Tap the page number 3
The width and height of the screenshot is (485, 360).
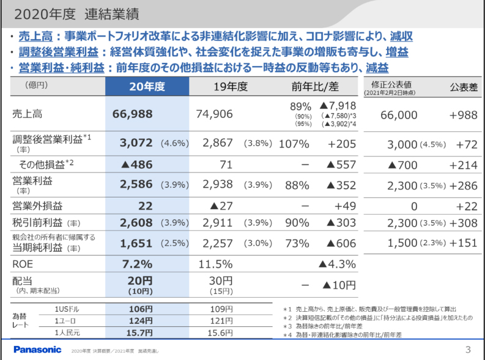pos(467,350)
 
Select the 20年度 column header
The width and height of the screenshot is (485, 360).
pos(147,86)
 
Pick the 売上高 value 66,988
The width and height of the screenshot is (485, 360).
pos(133,114)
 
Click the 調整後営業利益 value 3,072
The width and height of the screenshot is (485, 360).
pos(136,144)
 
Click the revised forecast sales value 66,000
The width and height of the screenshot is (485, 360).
pos(398,114)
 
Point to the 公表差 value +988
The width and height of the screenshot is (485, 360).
pos(462,114)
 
